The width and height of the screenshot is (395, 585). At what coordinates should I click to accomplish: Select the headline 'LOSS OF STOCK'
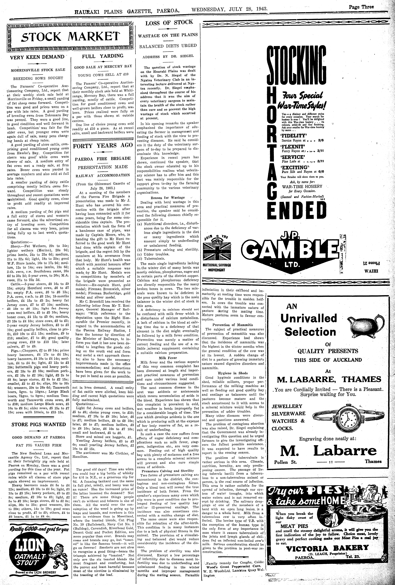(x=169, y=23)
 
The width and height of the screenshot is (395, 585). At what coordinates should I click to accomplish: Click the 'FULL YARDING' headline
(x=103, y=56)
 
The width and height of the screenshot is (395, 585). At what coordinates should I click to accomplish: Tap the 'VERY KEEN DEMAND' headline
(x=37, y=57)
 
